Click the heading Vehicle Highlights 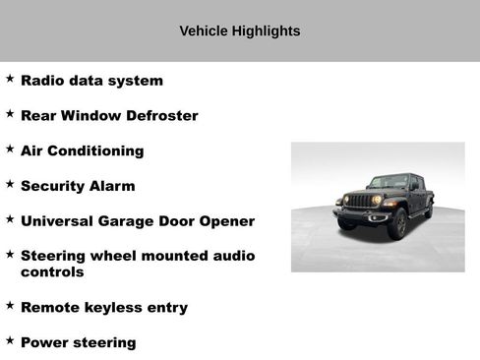[240, 31]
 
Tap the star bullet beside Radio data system [10, 79]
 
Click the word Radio [41, 81]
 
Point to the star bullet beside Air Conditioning [10, 149]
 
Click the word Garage [132, 222]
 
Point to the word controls [52, 272]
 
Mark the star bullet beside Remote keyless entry [10, 305]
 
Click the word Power [44, 343]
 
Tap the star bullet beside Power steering [10, 340]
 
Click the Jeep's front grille [363, 201]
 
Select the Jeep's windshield [388, 182]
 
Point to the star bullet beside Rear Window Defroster [10, 114]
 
